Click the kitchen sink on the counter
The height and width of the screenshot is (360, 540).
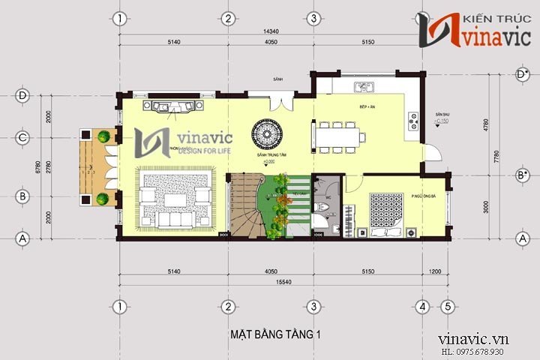pos(365,88)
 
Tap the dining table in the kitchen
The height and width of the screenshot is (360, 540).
pos(338,136)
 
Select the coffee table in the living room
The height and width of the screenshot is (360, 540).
pos(176,200)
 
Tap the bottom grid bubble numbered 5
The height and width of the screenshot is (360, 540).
pos(447,307)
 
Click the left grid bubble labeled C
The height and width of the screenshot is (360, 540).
pos(23,137)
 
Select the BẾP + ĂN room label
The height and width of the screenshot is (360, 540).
pos(367,108)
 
